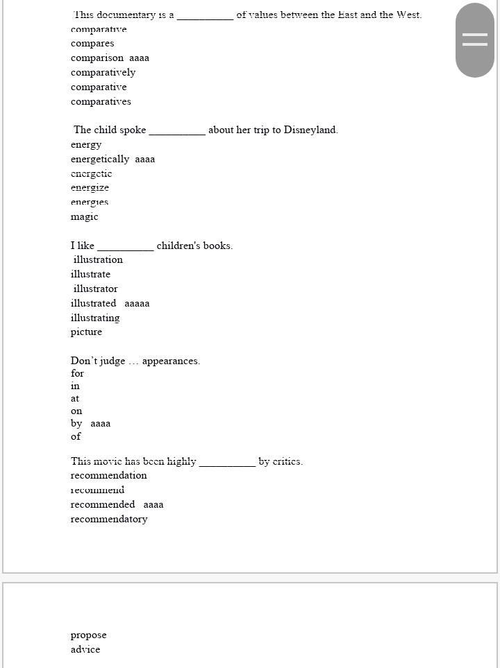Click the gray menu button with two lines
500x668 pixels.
click(x=475, y=40)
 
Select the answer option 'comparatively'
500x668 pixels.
click(x=103, y=72)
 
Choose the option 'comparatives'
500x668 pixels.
click(x=101, y=101)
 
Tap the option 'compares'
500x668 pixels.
click(x=92, y=43)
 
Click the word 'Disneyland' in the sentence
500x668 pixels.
click(x=310, y=130)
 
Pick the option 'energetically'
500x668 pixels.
click(x=100, y=159)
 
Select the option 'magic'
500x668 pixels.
click(x=84, y=216)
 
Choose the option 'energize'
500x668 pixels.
click(x=90, y=187)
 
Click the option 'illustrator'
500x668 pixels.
click(x=96, y=289)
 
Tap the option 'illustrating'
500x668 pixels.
click(x=95, y=318)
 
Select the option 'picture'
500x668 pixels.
click(x=86, y=332)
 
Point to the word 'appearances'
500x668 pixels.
click(x=170, y=361)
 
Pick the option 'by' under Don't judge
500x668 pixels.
click(x=76, y=423)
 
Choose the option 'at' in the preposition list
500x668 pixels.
click(x=75, y=398)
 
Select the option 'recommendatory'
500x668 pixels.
click(x=109, y=519)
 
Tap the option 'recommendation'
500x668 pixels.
click(x=108, y=475)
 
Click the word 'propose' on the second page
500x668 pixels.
click(x=88, y=635)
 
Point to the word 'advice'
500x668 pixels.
click(x=85, y=649)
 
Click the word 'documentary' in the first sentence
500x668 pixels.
click(x=126, y=15)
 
